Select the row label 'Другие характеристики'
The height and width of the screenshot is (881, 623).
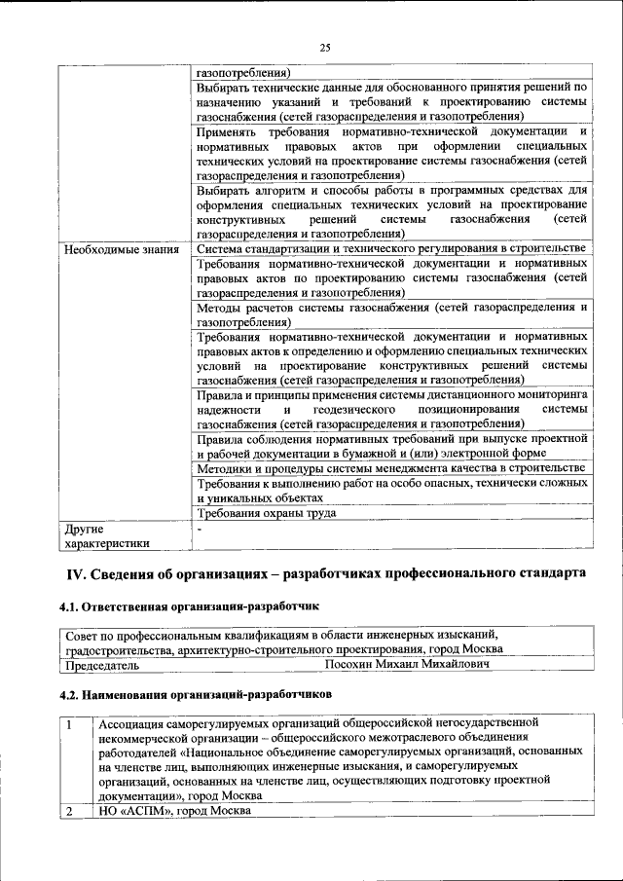[107, 536]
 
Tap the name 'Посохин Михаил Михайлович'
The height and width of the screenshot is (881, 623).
[406, 665]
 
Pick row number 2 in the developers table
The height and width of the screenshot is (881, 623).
[70, 811]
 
